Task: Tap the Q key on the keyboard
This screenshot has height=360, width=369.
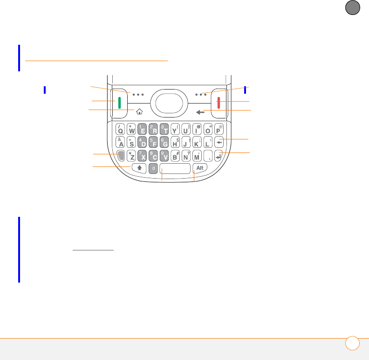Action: pos(120,129)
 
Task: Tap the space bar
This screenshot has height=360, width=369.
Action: pos(175,168)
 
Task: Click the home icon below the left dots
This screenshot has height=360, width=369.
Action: pos(139,111)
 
